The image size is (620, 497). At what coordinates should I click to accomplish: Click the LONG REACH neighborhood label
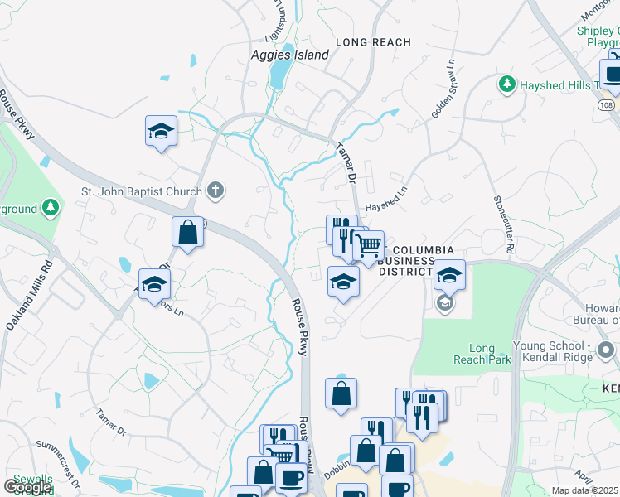tap(373, 42)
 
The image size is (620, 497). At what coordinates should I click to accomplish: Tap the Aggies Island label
tap(289, 55)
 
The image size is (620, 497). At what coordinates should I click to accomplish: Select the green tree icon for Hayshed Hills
tap(506, 84)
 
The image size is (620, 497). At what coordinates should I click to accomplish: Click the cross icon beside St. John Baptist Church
tap(215, 191)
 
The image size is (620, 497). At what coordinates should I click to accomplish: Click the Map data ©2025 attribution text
tap(585, 490)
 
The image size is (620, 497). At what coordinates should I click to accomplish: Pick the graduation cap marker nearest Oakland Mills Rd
tap(154, 285)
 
